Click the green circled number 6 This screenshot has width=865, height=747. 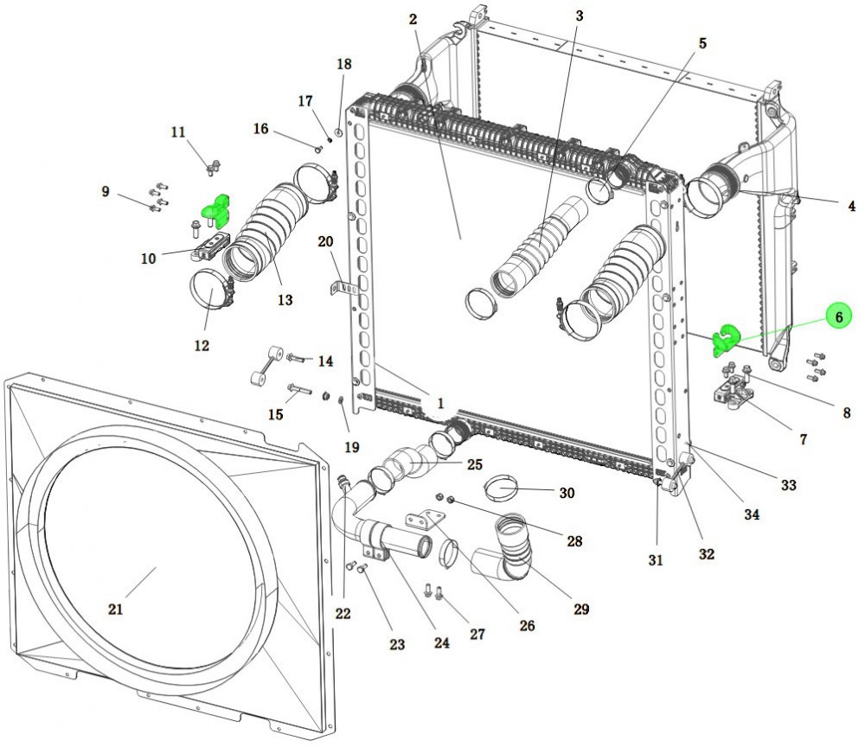pyautogui.click(x=837, y=317)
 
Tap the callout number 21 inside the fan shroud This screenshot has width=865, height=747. pyautogui.click(x=116, y=609)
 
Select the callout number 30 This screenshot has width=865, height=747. pyautogui.click(x=567, y=493)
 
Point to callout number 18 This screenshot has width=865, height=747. pyautogui.click(x=344, y=64)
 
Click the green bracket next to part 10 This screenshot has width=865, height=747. pyautogui.click(x=215, y=210)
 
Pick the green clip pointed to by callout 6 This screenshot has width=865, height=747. pyautogui.click(x=725, y=339)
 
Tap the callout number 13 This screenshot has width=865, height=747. pyautogui.click(x=285, y=300)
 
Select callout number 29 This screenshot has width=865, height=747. pyautogui.click(x=581, y=609)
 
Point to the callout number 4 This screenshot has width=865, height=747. pyautogui.click(x=851, y=206)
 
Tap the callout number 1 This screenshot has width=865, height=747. pyautogui.click(x=439, y=403)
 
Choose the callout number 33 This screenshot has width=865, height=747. pyautogui.click(x=788, y=485)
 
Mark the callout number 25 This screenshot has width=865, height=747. pyautogui.click(x=474, y=464)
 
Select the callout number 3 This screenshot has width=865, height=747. pyautogui.click(x=579, y=16)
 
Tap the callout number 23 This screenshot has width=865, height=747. pyautogui.click(x=397, y=643)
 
